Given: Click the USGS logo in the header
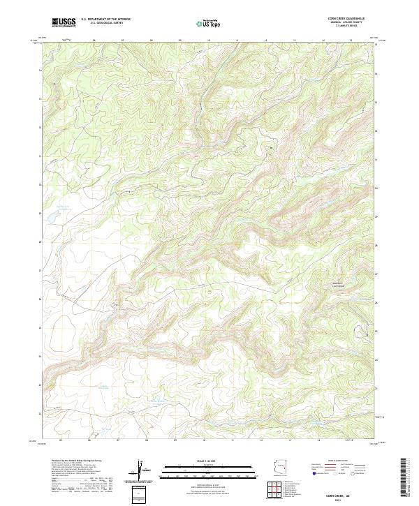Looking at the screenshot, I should click(63, 23).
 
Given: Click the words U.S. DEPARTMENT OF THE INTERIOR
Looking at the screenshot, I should click(105, 20).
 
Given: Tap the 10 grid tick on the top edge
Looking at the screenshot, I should click(209, 40).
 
